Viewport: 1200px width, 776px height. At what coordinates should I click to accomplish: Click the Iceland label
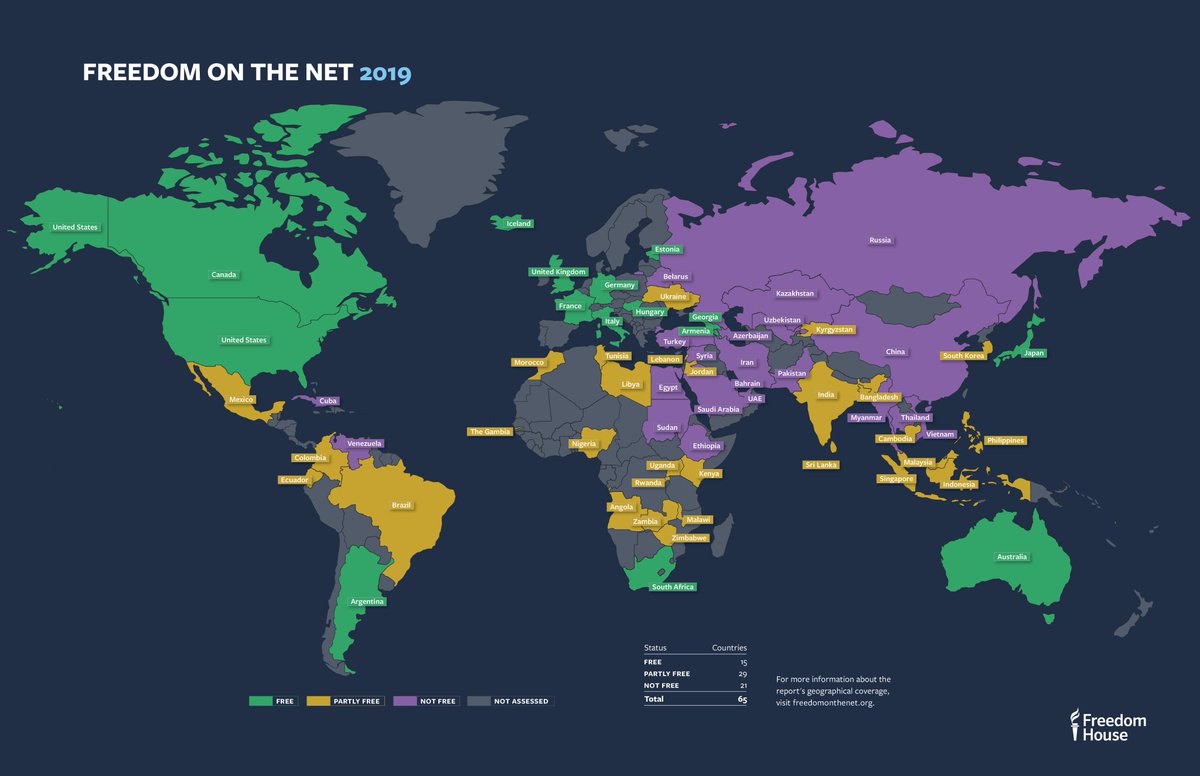518,224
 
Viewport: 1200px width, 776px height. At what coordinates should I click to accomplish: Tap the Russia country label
880,240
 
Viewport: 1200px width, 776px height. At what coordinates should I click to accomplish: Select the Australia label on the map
1011,557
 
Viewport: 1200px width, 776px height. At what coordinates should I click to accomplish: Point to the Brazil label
401,506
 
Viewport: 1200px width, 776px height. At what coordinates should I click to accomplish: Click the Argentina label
367,602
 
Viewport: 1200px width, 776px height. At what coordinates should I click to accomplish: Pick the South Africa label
672,587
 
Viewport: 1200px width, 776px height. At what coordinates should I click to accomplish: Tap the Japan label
1034,353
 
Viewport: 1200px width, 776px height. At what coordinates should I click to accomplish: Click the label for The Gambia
490,432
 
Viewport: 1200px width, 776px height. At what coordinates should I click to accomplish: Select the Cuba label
328,401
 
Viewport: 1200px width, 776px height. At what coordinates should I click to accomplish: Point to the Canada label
224,274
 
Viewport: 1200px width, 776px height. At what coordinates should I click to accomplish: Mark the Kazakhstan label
795,294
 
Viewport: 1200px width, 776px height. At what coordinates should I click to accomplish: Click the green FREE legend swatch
260,701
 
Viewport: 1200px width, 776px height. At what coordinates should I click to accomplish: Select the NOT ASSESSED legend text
520,701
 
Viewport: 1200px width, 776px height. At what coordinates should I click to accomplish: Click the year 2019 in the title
385,74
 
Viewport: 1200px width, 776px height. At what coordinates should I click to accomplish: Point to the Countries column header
728,648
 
